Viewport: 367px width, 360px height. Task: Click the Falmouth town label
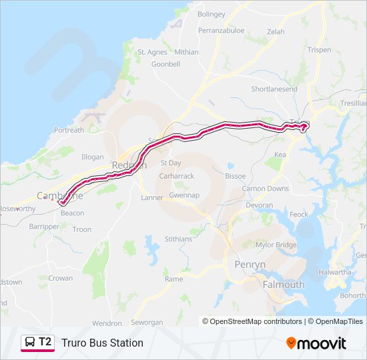(284, 285)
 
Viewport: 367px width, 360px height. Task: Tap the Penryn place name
(250, 265)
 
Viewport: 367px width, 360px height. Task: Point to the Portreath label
(69, 130)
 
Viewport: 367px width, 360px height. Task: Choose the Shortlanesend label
(274, 89)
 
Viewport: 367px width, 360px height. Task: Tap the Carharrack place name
(176, 176)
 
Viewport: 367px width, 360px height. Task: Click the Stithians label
(177, 239)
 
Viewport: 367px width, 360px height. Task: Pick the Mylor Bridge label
(276, 245)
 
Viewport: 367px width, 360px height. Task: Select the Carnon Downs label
(266, 189)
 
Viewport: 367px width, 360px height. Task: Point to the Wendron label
(107, 323)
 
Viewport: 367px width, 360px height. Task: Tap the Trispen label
(320, 49)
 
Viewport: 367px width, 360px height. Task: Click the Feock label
(298, 215)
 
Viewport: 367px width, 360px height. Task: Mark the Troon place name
(81, 229)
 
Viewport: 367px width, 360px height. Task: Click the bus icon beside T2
(30, 343)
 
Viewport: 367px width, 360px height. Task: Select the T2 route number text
(45, 342)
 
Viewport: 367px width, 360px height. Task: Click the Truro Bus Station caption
(102, 343)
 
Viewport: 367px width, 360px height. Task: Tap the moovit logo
(316, 343)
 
